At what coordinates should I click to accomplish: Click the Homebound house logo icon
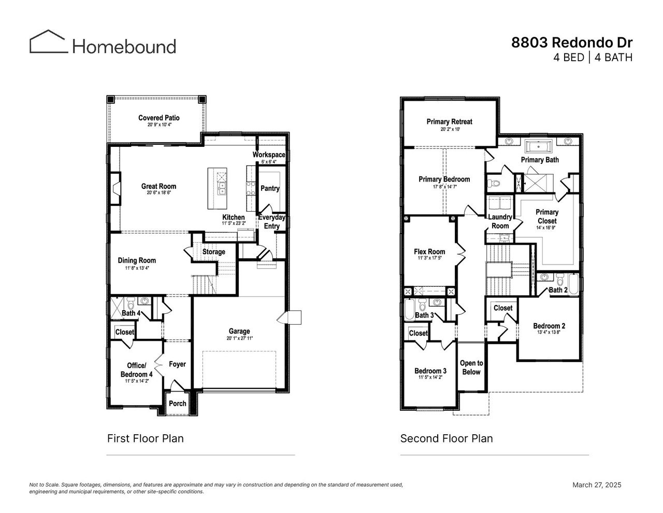click(x=48, y=41)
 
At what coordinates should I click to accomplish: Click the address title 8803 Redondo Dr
click(x=572, y=42)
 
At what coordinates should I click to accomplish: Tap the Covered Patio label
click(x=159, y=118)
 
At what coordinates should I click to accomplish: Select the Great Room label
click(x=158, y=186)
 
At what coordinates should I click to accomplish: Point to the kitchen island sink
click(x=222, y=188)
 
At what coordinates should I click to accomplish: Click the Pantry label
click(x=270, y=188)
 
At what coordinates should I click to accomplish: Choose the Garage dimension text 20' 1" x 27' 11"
click(x=239, y=338)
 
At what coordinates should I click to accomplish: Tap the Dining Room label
click(x=137, y=260)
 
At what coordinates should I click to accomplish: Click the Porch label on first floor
click(x=178, y=403)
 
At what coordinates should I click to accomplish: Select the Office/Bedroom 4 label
click(x=137, y=369)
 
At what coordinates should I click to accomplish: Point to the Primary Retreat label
click(x=449, y=121)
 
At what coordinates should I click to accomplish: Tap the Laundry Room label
click(x=500, y=221)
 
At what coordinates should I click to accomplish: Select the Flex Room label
click(x=429, y=252)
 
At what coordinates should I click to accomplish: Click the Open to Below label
click(x=471, y=367)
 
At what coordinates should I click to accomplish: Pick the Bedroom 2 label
click(x=549, y=326)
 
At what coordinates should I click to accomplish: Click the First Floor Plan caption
click(x=145, y=438)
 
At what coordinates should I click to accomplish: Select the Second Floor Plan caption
click(x=446, y=438)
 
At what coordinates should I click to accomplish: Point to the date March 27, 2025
click(x=596, y=485)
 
